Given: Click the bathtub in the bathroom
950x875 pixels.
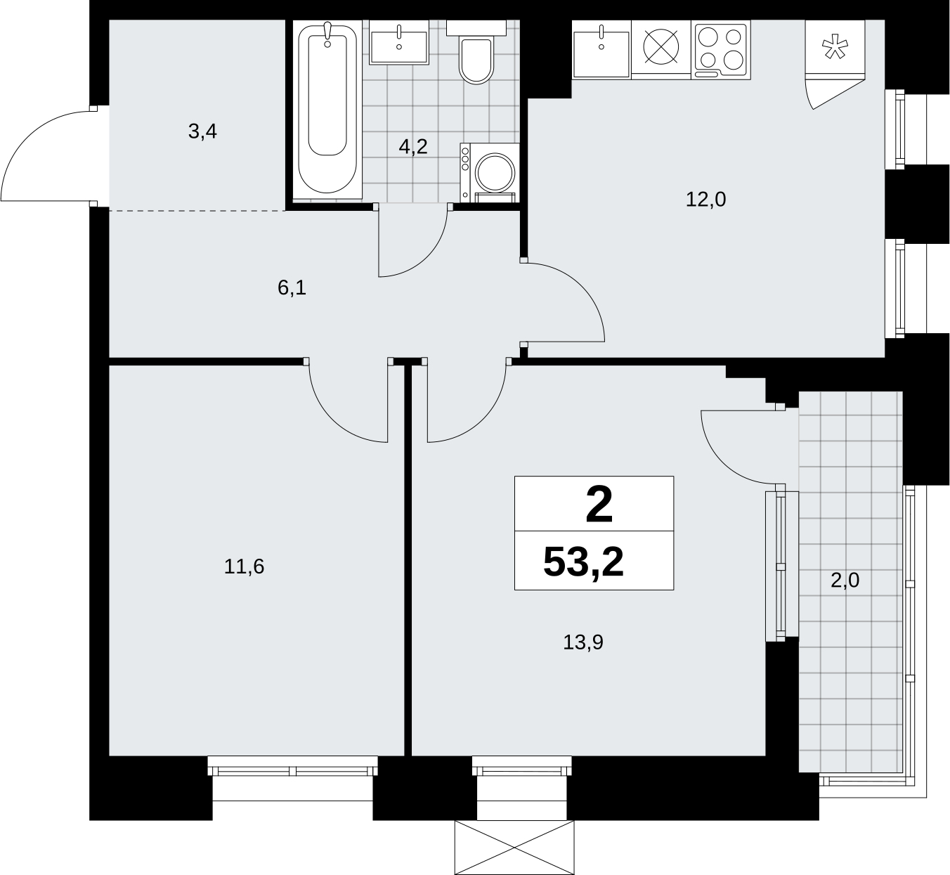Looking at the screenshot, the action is (x=327, y=110).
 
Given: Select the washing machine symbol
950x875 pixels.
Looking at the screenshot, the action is (x=490, y=172).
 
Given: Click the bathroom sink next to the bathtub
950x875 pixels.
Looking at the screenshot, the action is (x=398, y=42).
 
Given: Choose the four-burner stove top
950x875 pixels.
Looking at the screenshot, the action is (x=720, y=49).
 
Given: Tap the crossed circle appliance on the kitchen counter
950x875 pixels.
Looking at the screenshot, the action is (x=661, y=47).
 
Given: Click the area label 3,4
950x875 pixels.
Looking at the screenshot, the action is (x=202, y=131).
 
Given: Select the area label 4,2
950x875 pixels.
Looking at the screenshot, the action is (x=413, y=147).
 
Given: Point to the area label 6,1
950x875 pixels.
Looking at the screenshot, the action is (x=292, y=288).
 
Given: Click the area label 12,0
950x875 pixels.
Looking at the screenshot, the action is (x=705, y=200).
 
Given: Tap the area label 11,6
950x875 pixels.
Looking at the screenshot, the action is (x=244, y=566).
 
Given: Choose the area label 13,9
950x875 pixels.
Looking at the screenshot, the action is (x=583, y=643).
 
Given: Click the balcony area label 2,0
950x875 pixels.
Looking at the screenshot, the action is (x=845, y=580).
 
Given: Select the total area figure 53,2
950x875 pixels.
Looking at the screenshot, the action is (x=583, y=562).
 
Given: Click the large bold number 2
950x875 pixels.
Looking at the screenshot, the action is (x=599, y=505).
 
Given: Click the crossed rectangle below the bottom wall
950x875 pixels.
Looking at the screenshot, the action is (x=514, y=848).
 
